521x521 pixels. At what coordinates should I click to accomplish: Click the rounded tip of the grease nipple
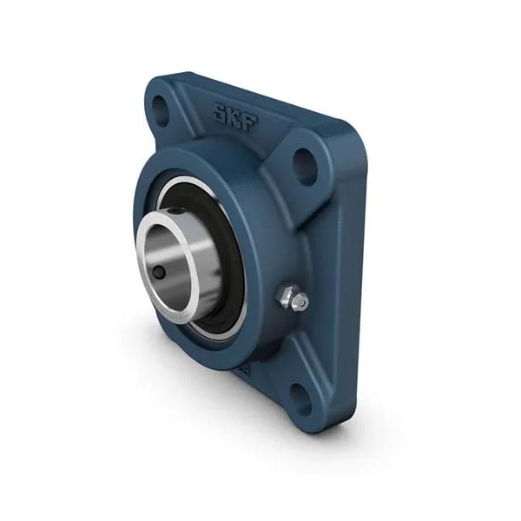[302, 300]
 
